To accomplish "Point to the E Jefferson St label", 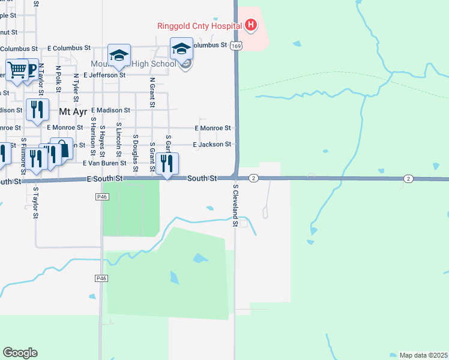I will [104, 76].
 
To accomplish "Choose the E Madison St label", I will [110, 110].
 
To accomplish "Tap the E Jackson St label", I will [212, 145].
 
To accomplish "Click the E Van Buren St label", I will [104, 163].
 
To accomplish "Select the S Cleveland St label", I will [236, 205].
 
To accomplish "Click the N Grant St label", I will [152, 92].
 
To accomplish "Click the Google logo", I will [20, 352].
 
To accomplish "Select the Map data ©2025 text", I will [423, 355].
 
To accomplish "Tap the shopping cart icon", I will [17, 70].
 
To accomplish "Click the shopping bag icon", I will [62, 149].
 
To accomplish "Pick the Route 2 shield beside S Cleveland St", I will [254, 178].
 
